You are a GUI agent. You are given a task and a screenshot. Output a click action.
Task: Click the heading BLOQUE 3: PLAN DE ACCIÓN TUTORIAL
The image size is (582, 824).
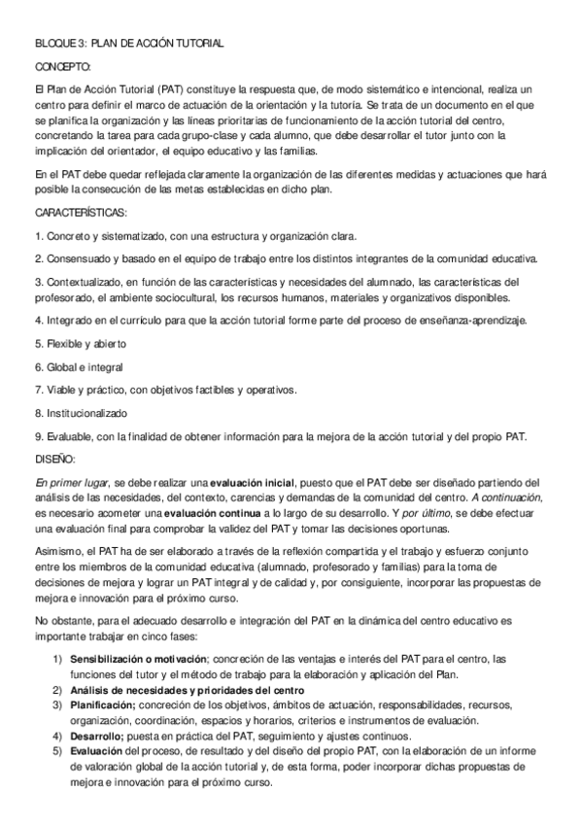tap(129, 44)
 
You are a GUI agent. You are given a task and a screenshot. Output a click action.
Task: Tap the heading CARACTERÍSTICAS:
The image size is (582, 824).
tap(82, 212)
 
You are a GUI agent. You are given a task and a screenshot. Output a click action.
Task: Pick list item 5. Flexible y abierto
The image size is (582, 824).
tap(81, 344)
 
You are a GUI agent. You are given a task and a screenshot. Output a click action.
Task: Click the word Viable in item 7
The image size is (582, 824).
tap(61, 390)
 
